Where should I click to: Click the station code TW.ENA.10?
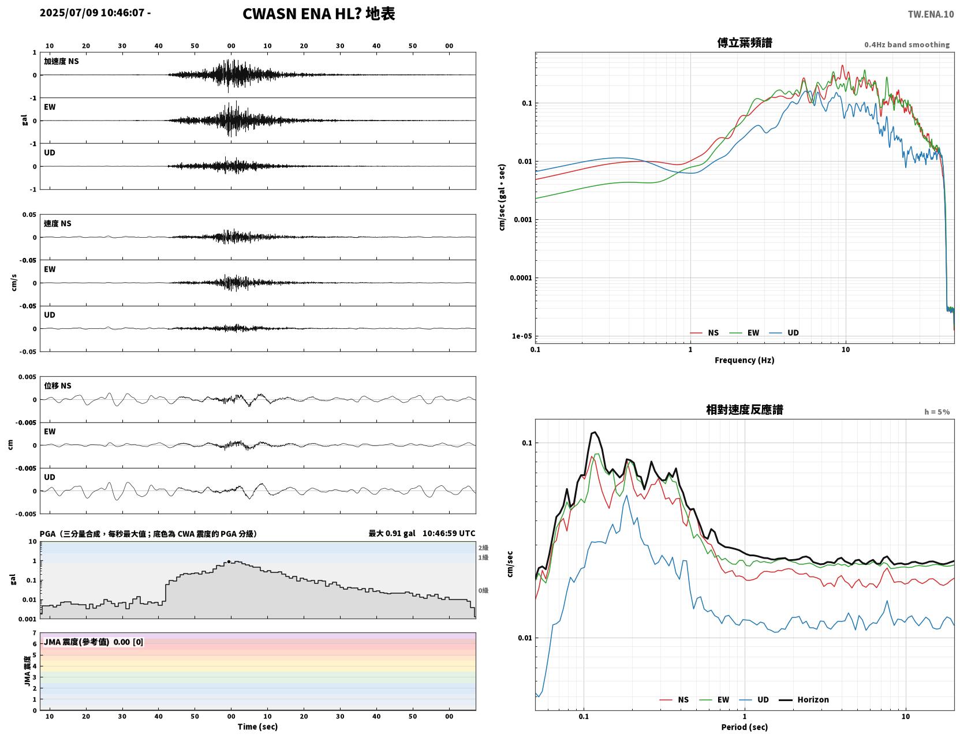tap(931, 14)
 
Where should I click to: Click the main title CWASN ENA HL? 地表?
tap(319, 14)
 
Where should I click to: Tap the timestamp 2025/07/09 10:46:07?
tap(92, 12)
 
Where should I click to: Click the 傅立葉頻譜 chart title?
tap(744, 43)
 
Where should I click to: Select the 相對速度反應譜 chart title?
tap(744, 410)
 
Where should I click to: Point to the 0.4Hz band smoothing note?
tap(906, 44)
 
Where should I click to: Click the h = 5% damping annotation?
tap(936, 412)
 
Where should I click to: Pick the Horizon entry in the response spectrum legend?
tap(804, 699)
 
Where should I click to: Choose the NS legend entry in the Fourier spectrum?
tap(705, 332)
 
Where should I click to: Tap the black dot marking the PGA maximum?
tap(229, 561)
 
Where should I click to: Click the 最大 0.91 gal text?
tap(392, 533)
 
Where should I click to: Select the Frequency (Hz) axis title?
tap(744, 360)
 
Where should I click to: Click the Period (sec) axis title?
tap(744, 727)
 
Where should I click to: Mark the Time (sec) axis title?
tap(257, 726)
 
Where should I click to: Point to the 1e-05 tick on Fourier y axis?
tap(522, 336)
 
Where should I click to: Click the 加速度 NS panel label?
tap(61, 61)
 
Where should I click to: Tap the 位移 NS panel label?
tap(57, 386)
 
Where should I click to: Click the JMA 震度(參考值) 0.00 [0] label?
tap(93, 642)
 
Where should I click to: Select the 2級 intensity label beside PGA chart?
tap(483, 548)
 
